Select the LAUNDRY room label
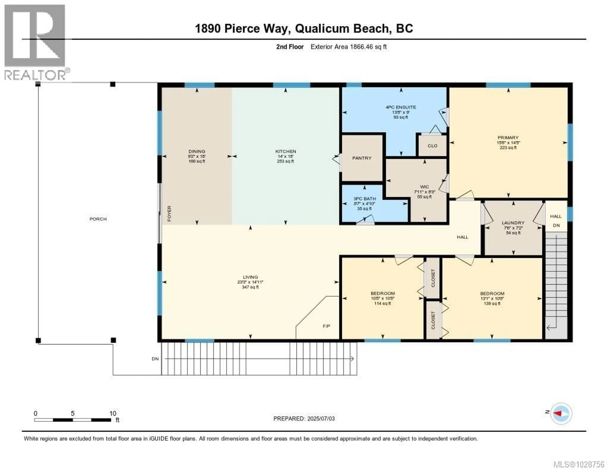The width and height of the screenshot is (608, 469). pyautogui.click(x=513, y=223)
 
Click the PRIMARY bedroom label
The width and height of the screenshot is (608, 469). pyautogui.click(x=508, y=138)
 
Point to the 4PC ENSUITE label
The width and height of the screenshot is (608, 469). pyautogui.click(x=401, y=107)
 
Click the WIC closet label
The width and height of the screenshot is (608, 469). pyautogui.click(x=424, y=187)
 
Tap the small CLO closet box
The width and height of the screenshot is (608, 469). pyautogui.click(x=432, y=146)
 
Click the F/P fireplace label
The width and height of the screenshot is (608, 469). pyautogui.click(x=326, y=326)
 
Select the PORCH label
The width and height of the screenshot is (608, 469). pyautogui.click(x=98, y=219)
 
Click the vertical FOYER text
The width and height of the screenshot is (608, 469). pyautogui.click(x=169, y=213)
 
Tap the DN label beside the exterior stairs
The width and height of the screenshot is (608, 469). pyautogui.click(x=155, y=359)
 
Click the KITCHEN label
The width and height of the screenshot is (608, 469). pyautogui.click(x=285, y=151)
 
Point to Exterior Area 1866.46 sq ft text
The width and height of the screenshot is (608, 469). pyautogui.click(x=348, y=47)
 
